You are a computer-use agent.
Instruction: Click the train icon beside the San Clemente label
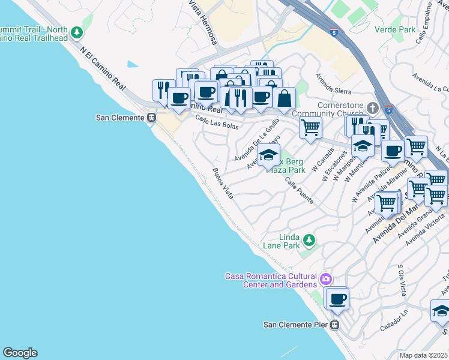(x=151, y=118)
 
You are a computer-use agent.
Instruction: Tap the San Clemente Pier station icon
(x=336, y=325)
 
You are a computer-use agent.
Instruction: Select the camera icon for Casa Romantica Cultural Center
(x=326, y=278)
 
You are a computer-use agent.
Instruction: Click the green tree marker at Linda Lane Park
(x=309, y=240)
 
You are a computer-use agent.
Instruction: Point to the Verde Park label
(x=394, y=29)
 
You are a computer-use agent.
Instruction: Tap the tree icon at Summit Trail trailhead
(x=76, y=32)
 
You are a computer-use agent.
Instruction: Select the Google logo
(x=20, y=353)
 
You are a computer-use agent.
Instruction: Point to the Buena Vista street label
(x=223, y=184)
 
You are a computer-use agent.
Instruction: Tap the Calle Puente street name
(x=299, y=190)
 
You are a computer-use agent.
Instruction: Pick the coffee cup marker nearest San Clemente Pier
(x=337, y=298)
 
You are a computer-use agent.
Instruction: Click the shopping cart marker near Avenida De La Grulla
(x=310, y=127)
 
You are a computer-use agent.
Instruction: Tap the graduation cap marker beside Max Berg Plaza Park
(x=268, y=156)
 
